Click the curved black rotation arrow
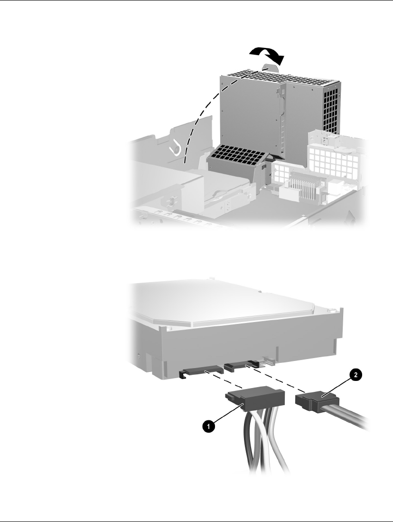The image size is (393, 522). click(x=267, y=53)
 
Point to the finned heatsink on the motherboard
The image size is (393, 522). click(x=301, y=186)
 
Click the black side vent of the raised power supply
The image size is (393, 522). click(x=331, y=106)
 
